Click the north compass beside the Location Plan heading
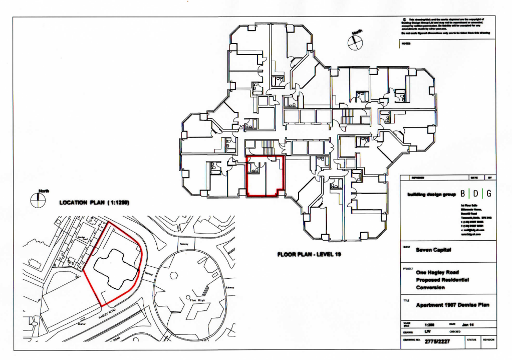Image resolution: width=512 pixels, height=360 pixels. click(x=38, y=200)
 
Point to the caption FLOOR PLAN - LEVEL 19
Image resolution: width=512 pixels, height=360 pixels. click(x=309, y=255)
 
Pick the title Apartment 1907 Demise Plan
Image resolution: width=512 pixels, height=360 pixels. click(x=452, y=304)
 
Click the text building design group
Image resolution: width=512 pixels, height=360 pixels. click(x=431, y=194)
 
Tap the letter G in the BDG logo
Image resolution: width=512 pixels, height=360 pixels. click(x=488, y=194)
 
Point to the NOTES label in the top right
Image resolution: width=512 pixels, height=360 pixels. click(x=406, y=44)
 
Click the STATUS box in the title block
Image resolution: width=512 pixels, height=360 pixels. click(x=471, y=340)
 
